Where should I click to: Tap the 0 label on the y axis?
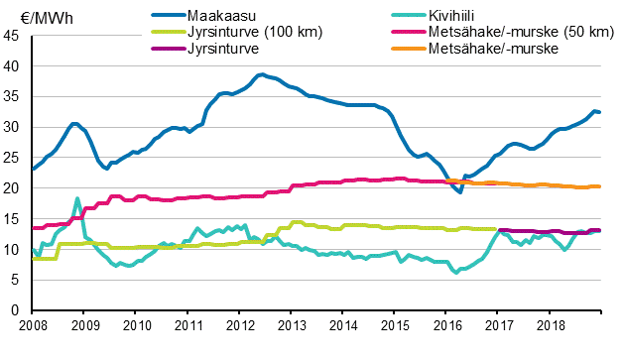tap(17, 310)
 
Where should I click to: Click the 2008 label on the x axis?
tap(33, 325)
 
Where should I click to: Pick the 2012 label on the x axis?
tap(239, 325)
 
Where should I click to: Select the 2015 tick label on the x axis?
tap(394, 325)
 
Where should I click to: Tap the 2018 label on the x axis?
tap(549, 325)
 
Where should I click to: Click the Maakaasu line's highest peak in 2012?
tap(260, 74)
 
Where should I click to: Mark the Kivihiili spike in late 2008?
tap(77, 198)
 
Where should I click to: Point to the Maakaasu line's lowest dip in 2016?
tap(460, 191)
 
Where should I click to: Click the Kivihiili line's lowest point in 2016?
tap(456, 272)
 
